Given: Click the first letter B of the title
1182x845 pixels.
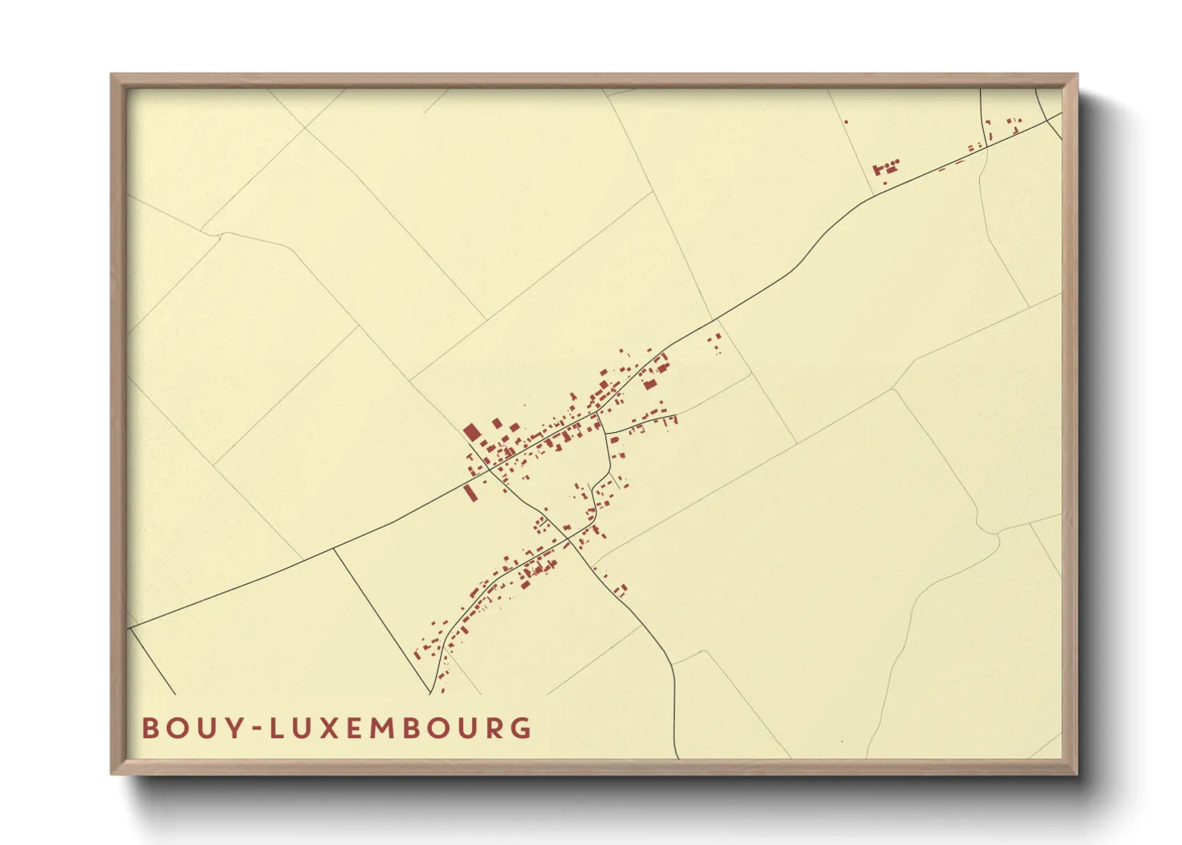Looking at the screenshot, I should click(149, 728).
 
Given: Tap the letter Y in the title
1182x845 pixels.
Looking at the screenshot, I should click(232, 728).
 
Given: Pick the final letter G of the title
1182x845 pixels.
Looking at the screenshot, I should click(522, 728).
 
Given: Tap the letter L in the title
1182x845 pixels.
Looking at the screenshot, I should click(276, 728).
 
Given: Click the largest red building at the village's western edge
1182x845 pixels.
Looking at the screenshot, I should click(471, 433).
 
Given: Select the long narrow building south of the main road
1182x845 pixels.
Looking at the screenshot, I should click(470, 493).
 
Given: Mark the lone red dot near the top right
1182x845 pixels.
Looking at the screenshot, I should click(846, 121).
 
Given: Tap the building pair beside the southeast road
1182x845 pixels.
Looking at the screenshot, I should click(621, 590).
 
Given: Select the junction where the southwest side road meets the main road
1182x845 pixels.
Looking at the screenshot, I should click(334, 549).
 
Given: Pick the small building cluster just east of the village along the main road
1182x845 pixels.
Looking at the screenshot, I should click(715, 343).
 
